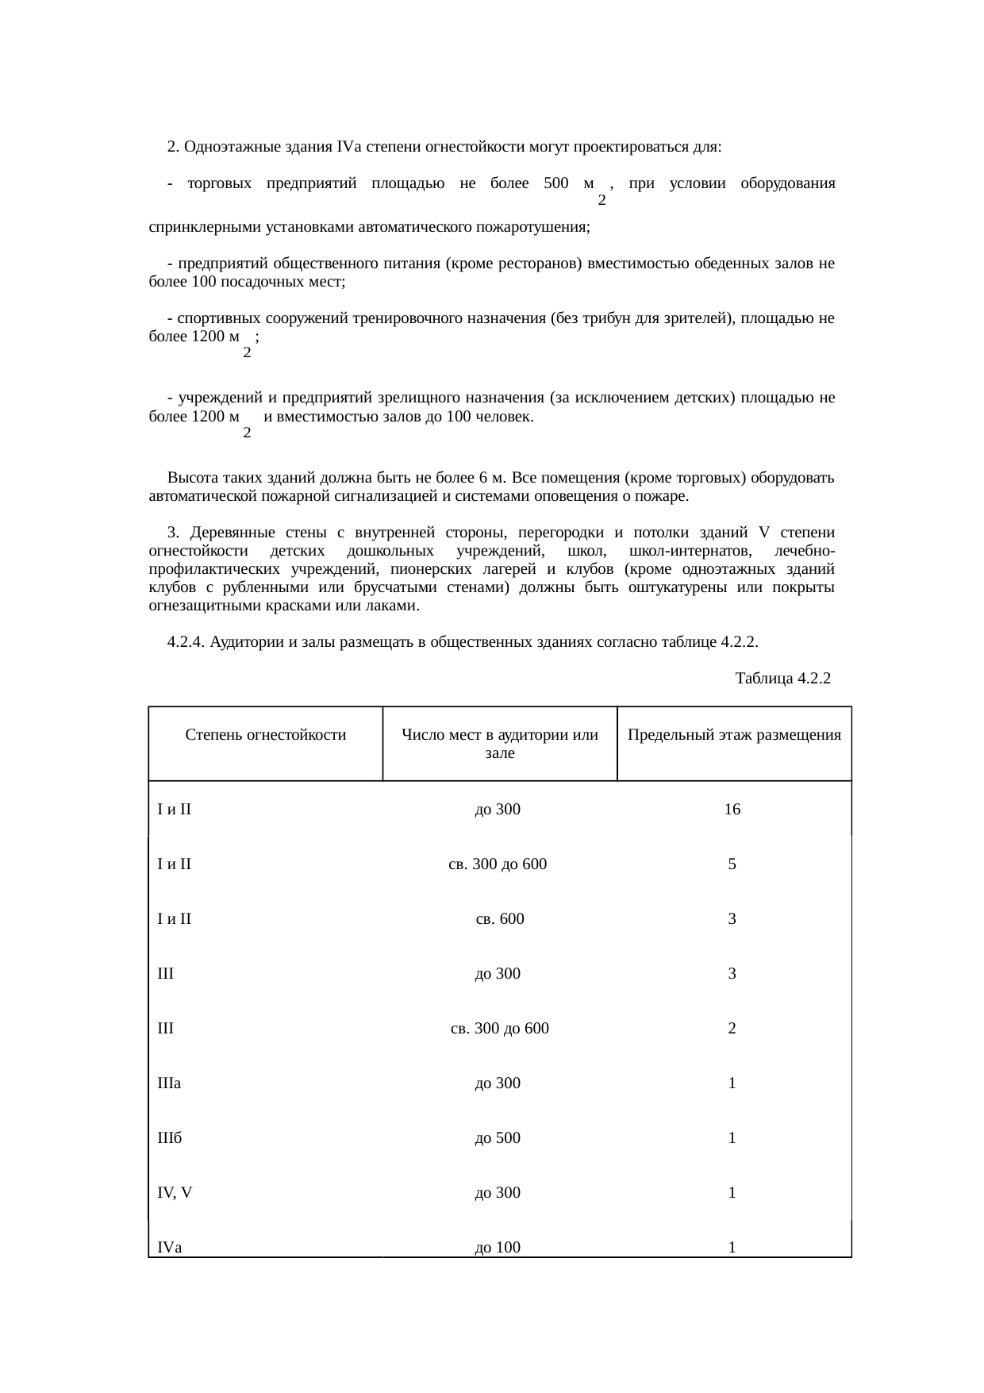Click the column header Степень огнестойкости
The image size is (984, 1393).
pos(266,735)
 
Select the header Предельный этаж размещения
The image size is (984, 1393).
pos(734,735)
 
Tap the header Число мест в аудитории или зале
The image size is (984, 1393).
pos(499,744)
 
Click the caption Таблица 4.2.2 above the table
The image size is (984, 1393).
pos(782,679)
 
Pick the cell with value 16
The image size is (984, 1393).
pos(732,810)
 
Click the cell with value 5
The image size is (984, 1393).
pos(732,864)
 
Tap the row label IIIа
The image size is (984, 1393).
pos(170,1083)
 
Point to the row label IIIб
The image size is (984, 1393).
pos(170,1138)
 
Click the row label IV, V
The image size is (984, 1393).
pos(175,1193)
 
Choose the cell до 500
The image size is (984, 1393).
pos(498,1138)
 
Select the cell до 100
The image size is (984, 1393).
pos(498,1248)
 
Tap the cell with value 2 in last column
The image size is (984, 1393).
pos(732,1029)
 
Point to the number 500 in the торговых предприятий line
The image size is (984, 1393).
pos(556,184)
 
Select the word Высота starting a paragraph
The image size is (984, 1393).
pos(190,479)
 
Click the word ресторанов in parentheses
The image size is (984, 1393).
pos(543,264)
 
